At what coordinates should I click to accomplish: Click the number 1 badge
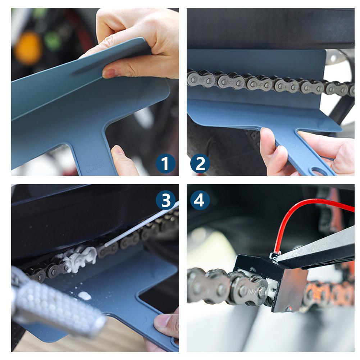pyautogui.click(x=165, y=164)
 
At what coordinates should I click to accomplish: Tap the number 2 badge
pyautogui.click(x=200, y=164)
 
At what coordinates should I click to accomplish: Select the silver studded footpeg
pyautogui.click(x=54, y=306)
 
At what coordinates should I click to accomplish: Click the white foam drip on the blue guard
pyautogui.click(x=85, y=296)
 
